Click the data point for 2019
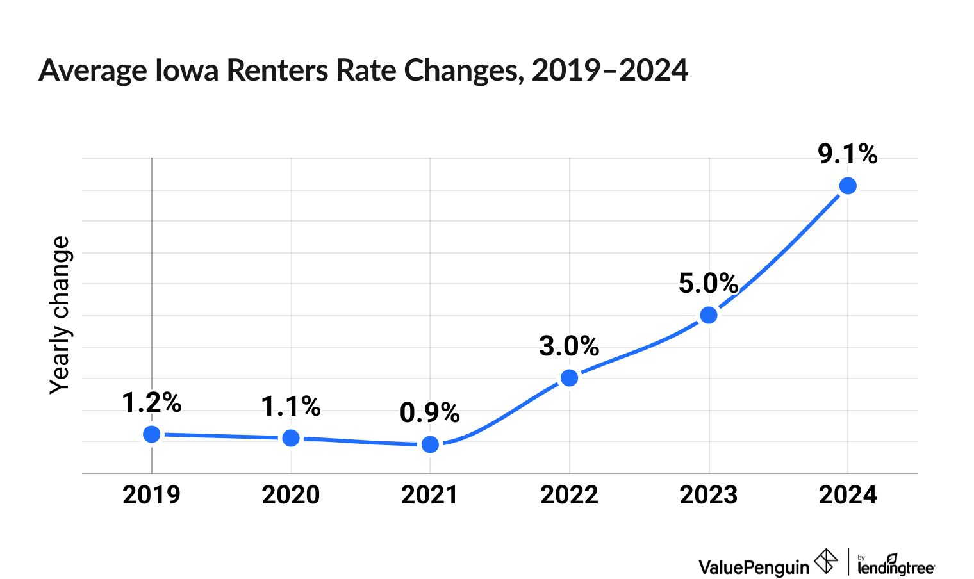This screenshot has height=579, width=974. (152, 434)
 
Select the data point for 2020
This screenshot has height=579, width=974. (291, 438)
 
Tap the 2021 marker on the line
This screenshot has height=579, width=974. (431, 444)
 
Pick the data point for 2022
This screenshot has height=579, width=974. (570, 378)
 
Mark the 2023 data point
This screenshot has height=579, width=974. (709, 315)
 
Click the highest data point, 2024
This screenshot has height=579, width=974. (848, 186)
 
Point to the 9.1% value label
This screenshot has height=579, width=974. (848, 154)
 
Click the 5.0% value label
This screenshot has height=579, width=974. (709, 284)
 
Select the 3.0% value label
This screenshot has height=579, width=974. (569, 347)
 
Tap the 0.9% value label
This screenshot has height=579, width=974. (430, 413)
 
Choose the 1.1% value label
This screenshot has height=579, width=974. (291, 407)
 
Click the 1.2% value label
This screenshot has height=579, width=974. (152, 403)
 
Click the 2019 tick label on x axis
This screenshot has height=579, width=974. (152, 495)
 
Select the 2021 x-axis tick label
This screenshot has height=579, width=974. (430, 495)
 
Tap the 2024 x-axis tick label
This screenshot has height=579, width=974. (848, 495)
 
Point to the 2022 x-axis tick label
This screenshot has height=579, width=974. (569, 495)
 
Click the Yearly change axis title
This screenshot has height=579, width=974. (60, 314)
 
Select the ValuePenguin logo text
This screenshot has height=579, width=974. (754, 567)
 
